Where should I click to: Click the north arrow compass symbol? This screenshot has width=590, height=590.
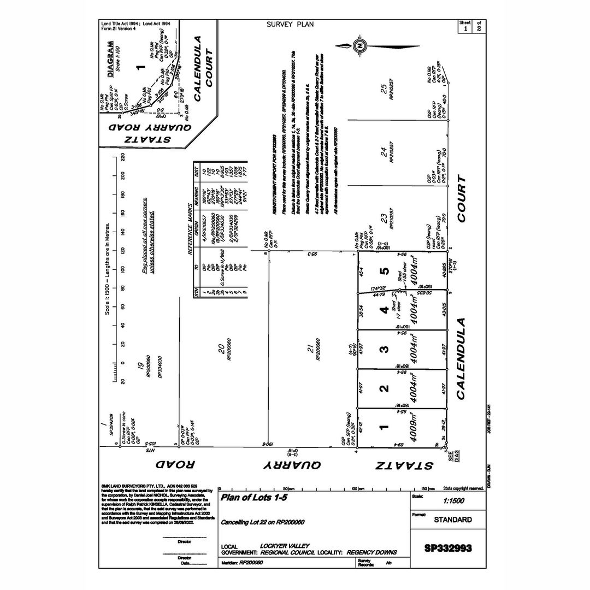pos(359,46)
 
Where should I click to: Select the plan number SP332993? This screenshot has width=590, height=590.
pos(448,547)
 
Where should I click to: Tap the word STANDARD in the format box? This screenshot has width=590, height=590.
pos(453,520)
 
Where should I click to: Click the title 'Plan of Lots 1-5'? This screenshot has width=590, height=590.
pos(253,498)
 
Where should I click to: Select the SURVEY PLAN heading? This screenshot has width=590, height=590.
pos(290,25)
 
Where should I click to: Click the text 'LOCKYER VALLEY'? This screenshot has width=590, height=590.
pos(285,546)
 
